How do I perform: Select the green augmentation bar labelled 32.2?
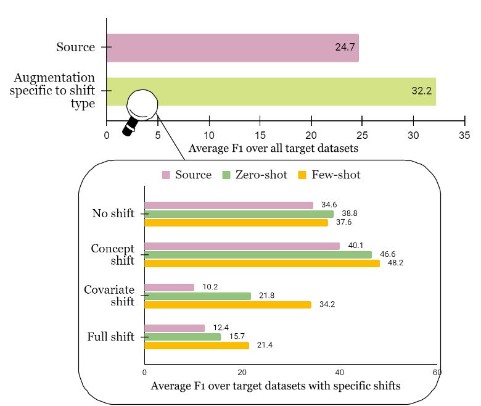271,91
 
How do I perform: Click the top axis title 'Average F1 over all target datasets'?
273,149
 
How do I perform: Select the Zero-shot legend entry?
254,175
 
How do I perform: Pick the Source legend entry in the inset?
187,175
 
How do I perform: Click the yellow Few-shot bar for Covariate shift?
228,304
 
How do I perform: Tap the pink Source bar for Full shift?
175,328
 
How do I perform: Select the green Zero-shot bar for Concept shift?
258,254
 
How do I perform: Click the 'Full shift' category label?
110,337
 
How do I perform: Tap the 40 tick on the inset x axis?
340,373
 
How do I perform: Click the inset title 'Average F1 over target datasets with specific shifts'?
275,386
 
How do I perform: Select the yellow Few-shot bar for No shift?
236,222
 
